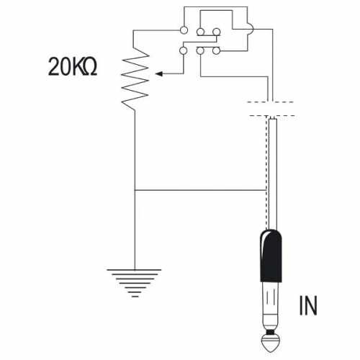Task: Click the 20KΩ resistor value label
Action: (73, 67)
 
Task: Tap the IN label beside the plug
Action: (308, 305)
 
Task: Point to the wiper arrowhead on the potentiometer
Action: (159, 73)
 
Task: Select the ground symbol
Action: (134, 283)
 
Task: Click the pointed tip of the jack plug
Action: (271, 351)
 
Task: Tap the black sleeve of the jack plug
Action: (271, 256)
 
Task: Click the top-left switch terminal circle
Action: (184, 30)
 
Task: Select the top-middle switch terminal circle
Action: (200, 32)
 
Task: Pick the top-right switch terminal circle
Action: (217, 32)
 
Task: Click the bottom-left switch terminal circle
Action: (184, 50)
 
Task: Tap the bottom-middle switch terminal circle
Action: (200, 50)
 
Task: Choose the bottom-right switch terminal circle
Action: (216, 50)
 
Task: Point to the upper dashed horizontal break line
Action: (271, 102)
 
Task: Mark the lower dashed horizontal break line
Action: (272, 116)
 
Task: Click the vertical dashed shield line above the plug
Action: (266, 172)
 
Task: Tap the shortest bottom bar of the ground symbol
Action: (135, 297)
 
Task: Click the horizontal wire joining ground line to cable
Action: (200, 190)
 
